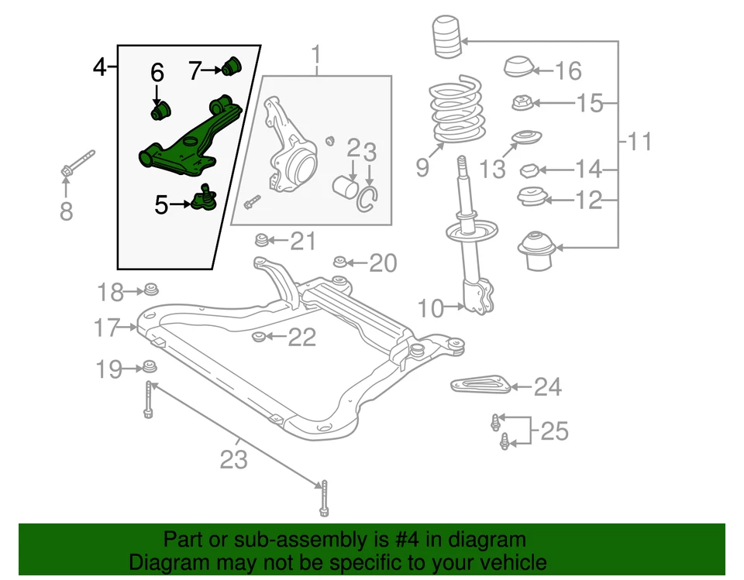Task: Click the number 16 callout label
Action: [568, 71]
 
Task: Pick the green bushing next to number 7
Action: [232, 66]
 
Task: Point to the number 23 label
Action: [232, 459]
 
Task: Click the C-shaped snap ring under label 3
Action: [367, 198]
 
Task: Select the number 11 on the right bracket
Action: [639, 142]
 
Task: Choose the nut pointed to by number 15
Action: [521, 101]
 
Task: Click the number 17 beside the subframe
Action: [107, 328]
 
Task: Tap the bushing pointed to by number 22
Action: [260, 335]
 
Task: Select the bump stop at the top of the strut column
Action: [445, 38]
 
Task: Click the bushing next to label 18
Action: [150, 290]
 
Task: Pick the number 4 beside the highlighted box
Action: [99, 67]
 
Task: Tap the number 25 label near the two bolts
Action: [554, 431]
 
